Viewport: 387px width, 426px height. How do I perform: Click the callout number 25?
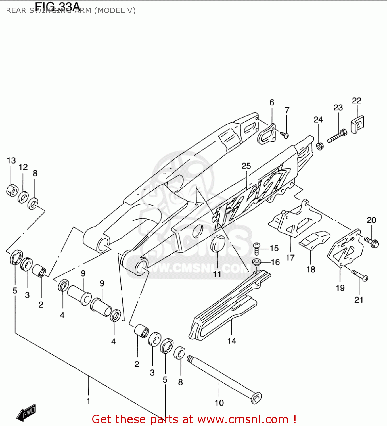(x=246, y=166)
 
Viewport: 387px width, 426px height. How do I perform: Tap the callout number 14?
(x=232, y=341)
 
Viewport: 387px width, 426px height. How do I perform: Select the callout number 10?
(x=219, y=403)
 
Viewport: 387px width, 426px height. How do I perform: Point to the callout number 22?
(x=357, y=101)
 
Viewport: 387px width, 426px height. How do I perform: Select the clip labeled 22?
(x=357, y=124)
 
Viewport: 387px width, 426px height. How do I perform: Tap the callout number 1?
(x=89, y=401)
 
